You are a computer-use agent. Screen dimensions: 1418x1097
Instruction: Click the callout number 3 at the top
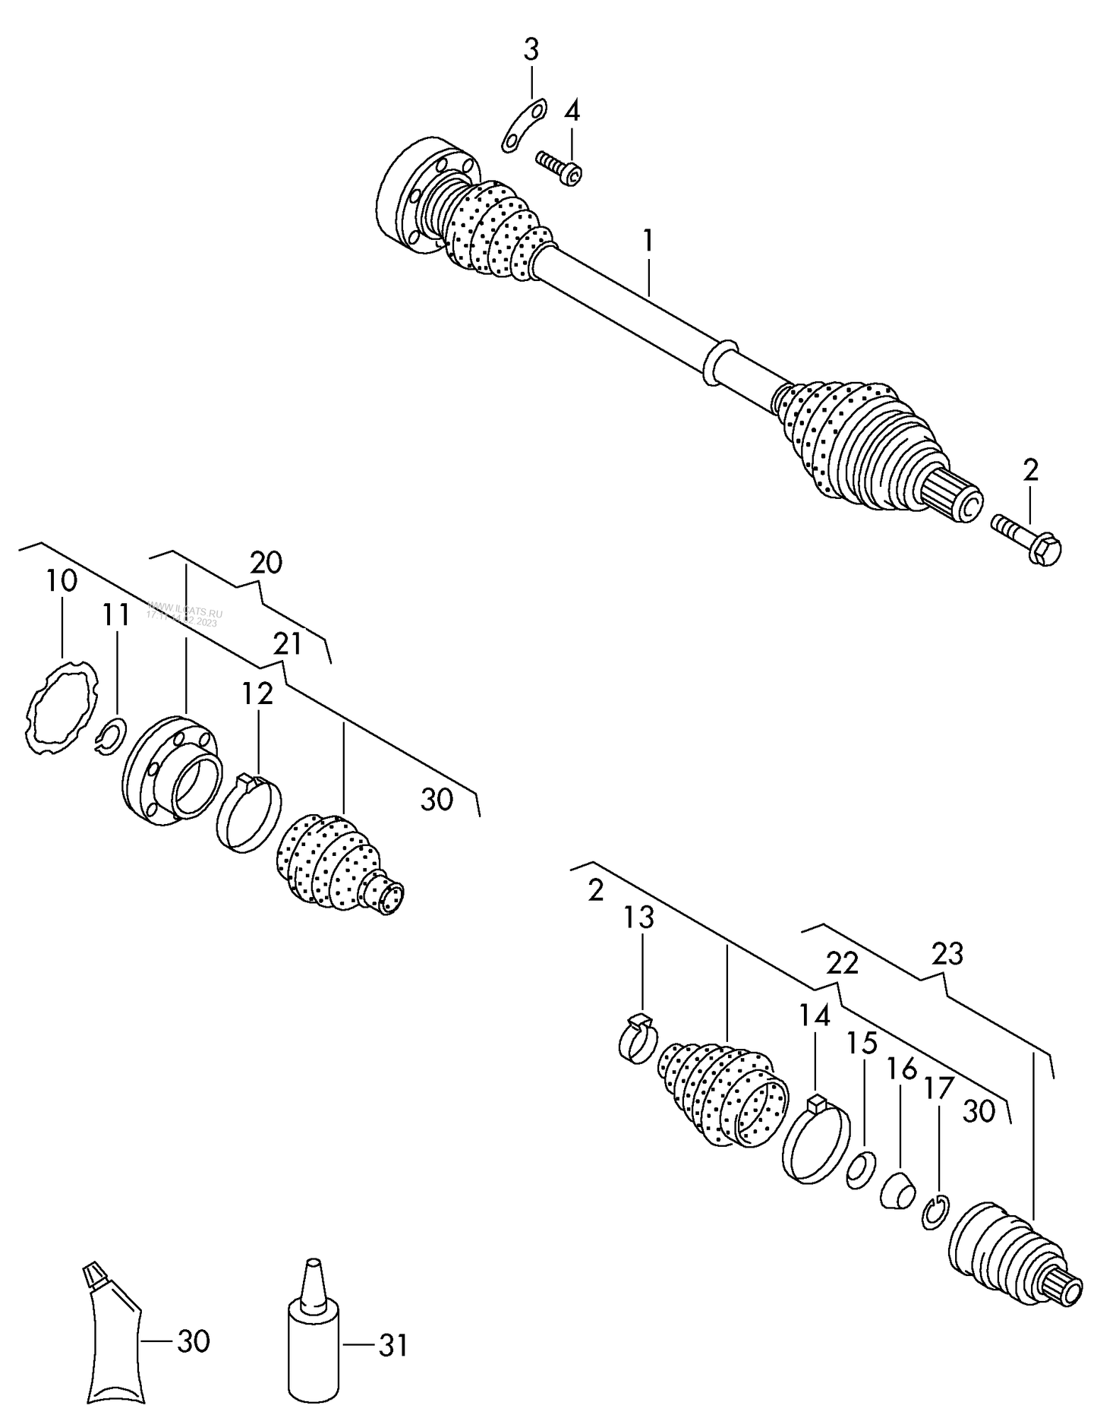531,50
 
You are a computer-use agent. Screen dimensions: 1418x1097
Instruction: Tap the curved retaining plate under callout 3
524,126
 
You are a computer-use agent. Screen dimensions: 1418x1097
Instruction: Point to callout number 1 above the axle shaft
648,241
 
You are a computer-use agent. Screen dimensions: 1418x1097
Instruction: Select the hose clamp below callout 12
248,812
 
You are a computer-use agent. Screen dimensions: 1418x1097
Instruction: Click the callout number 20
266,563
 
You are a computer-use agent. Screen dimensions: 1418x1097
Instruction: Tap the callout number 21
288,643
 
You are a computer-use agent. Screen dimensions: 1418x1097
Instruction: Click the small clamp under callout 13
638,1037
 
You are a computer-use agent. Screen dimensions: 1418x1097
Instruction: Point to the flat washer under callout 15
861,1168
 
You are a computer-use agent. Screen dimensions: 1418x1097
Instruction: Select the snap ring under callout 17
935,1211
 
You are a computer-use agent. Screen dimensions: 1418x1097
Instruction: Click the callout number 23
947,953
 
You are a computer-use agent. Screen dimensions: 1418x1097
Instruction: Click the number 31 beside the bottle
392,1346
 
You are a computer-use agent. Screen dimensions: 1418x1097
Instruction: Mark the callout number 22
842,963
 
